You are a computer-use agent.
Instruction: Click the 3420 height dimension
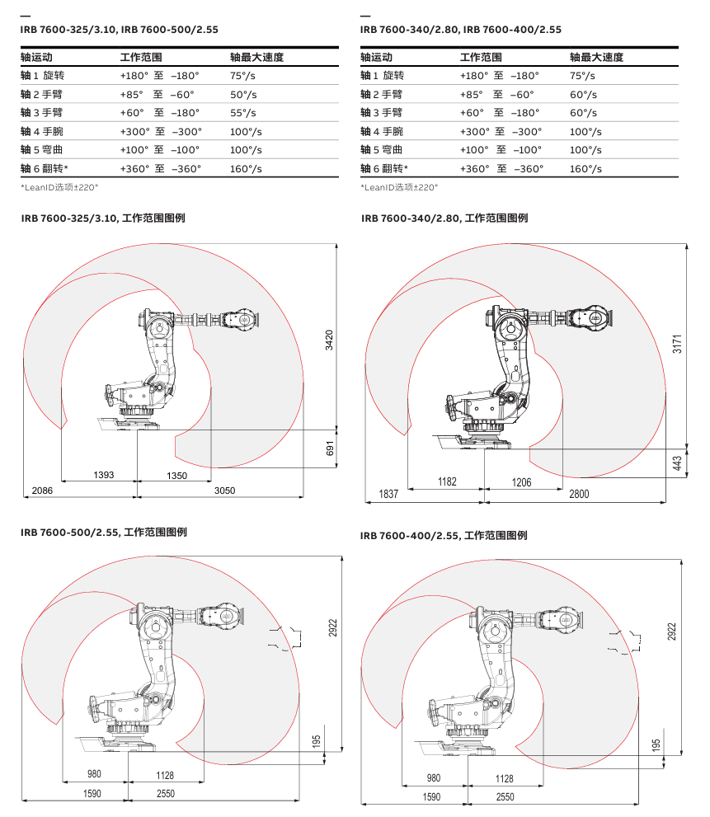point(329,340)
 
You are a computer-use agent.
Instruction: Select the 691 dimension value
point(329,448)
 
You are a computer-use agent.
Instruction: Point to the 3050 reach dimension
point(224,491)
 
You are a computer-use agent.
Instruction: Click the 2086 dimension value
point(42,491)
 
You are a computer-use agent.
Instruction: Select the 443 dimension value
point(677,464)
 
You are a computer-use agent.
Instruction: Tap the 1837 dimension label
point(388,494)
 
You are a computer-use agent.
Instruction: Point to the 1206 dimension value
point(522,481)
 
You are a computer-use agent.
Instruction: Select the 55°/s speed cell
point(243,113)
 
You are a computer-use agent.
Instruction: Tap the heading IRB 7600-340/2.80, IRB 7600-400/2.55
point(461,29)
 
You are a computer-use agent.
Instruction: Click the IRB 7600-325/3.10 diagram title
point(102,218)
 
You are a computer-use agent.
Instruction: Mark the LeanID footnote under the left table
point(59,187)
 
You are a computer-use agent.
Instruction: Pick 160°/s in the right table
point(585,168)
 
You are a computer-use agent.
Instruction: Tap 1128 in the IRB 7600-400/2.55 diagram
point(504,778)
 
